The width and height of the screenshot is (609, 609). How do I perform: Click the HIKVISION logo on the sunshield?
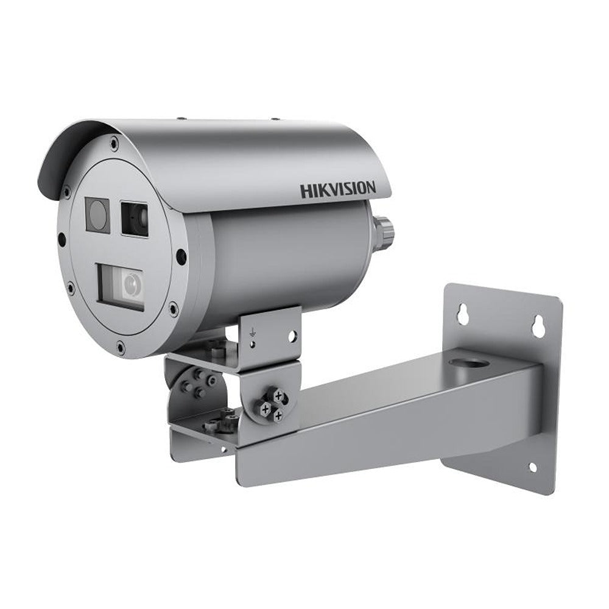click(x=337, y=189)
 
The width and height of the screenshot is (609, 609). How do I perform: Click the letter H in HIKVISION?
click(x=304, y=191)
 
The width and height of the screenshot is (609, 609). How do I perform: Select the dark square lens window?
click(x=134, y=218)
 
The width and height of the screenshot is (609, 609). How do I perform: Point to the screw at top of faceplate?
click(x=114, y=144)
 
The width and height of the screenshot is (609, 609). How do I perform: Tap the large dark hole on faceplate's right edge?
click(x=181, y=256)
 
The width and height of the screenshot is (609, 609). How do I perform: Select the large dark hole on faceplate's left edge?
click(x=61, y=239)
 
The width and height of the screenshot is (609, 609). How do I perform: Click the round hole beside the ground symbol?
click(x=292, y=334)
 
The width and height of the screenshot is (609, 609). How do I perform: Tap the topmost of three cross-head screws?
click(x=278, y=396)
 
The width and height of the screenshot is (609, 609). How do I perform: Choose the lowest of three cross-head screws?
click(x=278, y=415)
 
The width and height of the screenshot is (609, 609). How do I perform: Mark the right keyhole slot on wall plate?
click(x=538, y=325)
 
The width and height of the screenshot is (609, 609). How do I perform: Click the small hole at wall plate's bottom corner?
click(x=532, y=468)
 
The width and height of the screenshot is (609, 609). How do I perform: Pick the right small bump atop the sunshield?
click(x=274, y=119)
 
